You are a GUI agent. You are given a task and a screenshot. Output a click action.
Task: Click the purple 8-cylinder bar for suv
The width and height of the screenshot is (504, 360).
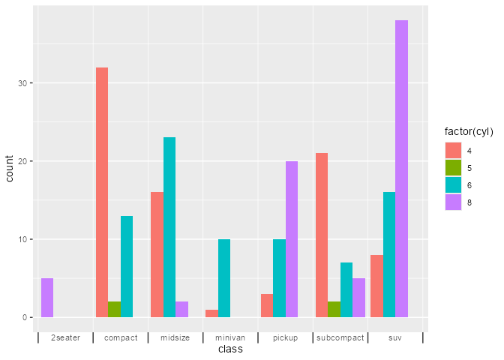[x=401, y=169]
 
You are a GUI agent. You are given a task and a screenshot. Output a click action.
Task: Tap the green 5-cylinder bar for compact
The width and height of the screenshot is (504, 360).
[x=114, y=309]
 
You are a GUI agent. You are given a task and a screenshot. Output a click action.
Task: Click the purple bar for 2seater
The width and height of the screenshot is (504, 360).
[x=47, y=298]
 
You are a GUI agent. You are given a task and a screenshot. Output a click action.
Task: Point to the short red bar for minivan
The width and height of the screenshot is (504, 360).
[x=211, y=313]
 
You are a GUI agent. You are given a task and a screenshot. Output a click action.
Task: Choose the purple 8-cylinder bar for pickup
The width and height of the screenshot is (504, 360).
[x=292, y=239]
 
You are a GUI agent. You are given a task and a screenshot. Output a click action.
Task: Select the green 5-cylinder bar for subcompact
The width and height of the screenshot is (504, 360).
[x=334, y=309]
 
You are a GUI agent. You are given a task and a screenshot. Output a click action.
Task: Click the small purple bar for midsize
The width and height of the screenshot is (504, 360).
[x=181, y=309]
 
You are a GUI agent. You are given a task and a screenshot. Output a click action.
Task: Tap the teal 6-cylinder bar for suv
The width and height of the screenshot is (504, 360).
[x=389, y=254]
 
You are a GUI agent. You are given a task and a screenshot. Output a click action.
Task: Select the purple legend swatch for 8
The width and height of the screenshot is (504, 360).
[x=453, y=202]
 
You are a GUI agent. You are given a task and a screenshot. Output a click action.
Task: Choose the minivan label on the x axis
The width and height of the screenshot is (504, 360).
[x=230, y=337]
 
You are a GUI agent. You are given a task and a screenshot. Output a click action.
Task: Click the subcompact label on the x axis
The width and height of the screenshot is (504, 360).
[x=340, y=337]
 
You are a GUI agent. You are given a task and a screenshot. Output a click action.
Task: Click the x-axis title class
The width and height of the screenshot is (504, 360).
[x=230, y=349]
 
